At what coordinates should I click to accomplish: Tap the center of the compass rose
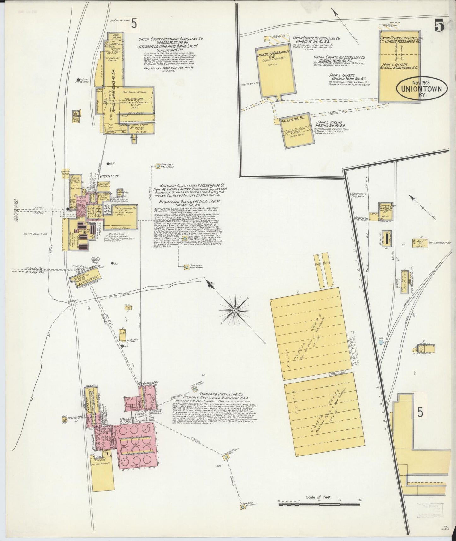coord(234,311)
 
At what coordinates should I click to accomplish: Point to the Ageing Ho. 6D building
coord(296,132)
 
